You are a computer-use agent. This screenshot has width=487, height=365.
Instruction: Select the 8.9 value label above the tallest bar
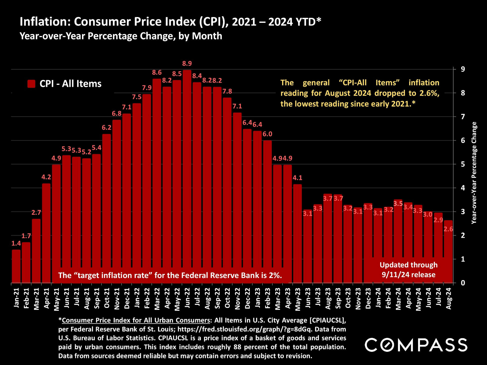(x=187, y=63)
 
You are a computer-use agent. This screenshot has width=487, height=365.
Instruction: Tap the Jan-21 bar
(x=16, y=266)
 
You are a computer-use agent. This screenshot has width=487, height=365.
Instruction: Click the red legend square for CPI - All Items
(x=31, y=84)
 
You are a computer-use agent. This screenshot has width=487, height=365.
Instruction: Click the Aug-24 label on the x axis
(x=449, y=298)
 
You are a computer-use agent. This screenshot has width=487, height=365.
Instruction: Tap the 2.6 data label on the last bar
(x=448, y=229)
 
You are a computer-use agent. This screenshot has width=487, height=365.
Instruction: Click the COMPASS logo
(x=416, y=345)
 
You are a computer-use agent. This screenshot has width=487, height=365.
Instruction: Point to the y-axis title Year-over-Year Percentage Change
(x=474, y=173)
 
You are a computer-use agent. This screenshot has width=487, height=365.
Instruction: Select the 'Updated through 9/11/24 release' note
(x=408, y=270)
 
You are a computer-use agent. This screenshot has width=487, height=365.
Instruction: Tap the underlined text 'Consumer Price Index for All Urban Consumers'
(x=136, y=320)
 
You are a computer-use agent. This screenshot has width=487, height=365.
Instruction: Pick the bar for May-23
(x=298, y=233)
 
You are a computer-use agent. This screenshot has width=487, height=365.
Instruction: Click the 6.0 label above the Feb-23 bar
(x=267, y=134)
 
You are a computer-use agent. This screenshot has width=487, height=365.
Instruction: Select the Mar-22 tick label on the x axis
(x=157, y=299)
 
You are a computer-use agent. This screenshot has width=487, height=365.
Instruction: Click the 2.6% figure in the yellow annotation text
(x=429, y=93)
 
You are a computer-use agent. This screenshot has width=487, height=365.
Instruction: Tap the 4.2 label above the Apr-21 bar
(x=46, y=177)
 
